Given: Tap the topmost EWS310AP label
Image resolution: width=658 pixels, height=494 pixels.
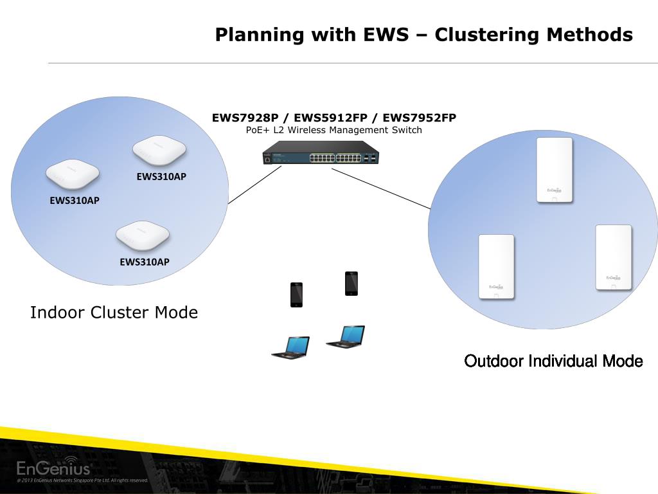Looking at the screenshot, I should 161,176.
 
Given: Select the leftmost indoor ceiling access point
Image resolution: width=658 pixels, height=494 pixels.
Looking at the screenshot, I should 72,174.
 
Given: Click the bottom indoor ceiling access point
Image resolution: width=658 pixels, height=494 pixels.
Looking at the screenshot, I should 143,236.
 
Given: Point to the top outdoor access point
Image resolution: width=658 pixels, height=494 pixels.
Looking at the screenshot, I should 555,170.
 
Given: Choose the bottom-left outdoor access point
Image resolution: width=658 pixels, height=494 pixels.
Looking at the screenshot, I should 496,266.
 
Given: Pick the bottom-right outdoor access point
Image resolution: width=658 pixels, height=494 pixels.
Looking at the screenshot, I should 614,257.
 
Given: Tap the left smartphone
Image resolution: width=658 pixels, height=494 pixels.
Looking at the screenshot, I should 296,295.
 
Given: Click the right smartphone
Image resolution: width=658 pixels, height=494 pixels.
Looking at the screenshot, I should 351,284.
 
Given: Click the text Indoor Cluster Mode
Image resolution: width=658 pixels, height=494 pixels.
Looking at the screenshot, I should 114,313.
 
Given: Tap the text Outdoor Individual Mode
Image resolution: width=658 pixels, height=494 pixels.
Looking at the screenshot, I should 553,361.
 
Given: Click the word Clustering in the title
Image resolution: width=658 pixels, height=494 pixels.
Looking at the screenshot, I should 488,35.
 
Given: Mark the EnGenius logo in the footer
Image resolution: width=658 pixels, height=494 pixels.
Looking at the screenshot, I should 53,467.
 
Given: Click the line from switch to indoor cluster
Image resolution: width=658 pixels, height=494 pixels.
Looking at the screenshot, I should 254,185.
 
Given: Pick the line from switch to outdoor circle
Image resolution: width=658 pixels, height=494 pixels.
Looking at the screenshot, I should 380,188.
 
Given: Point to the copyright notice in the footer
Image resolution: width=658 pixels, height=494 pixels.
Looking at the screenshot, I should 82,480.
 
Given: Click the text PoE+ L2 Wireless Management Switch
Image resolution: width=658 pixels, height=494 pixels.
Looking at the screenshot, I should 333,130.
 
